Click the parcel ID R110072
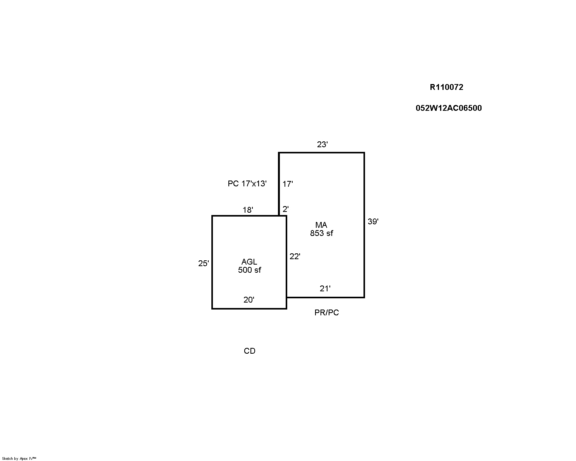(446, 87)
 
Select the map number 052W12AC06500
(449, 108)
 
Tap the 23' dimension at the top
(322, 144)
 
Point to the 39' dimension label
(373, 222)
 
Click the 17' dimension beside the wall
(288, 184)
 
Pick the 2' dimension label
(286, 209)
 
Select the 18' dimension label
(248, 210)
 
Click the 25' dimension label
(204, 263)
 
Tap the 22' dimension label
(295, 256)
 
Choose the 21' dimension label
(325, 289)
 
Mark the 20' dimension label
(249, 300)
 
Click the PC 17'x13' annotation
(247, 184)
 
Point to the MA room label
(321, 225)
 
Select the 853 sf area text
(321, 233)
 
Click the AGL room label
(249, 262)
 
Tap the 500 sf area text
(249, 270)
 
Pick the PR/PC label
(327, 313)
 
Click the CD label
(249, 351)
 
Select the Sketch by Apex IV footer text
(19, 459)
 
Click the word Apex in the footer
(24, 459)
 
